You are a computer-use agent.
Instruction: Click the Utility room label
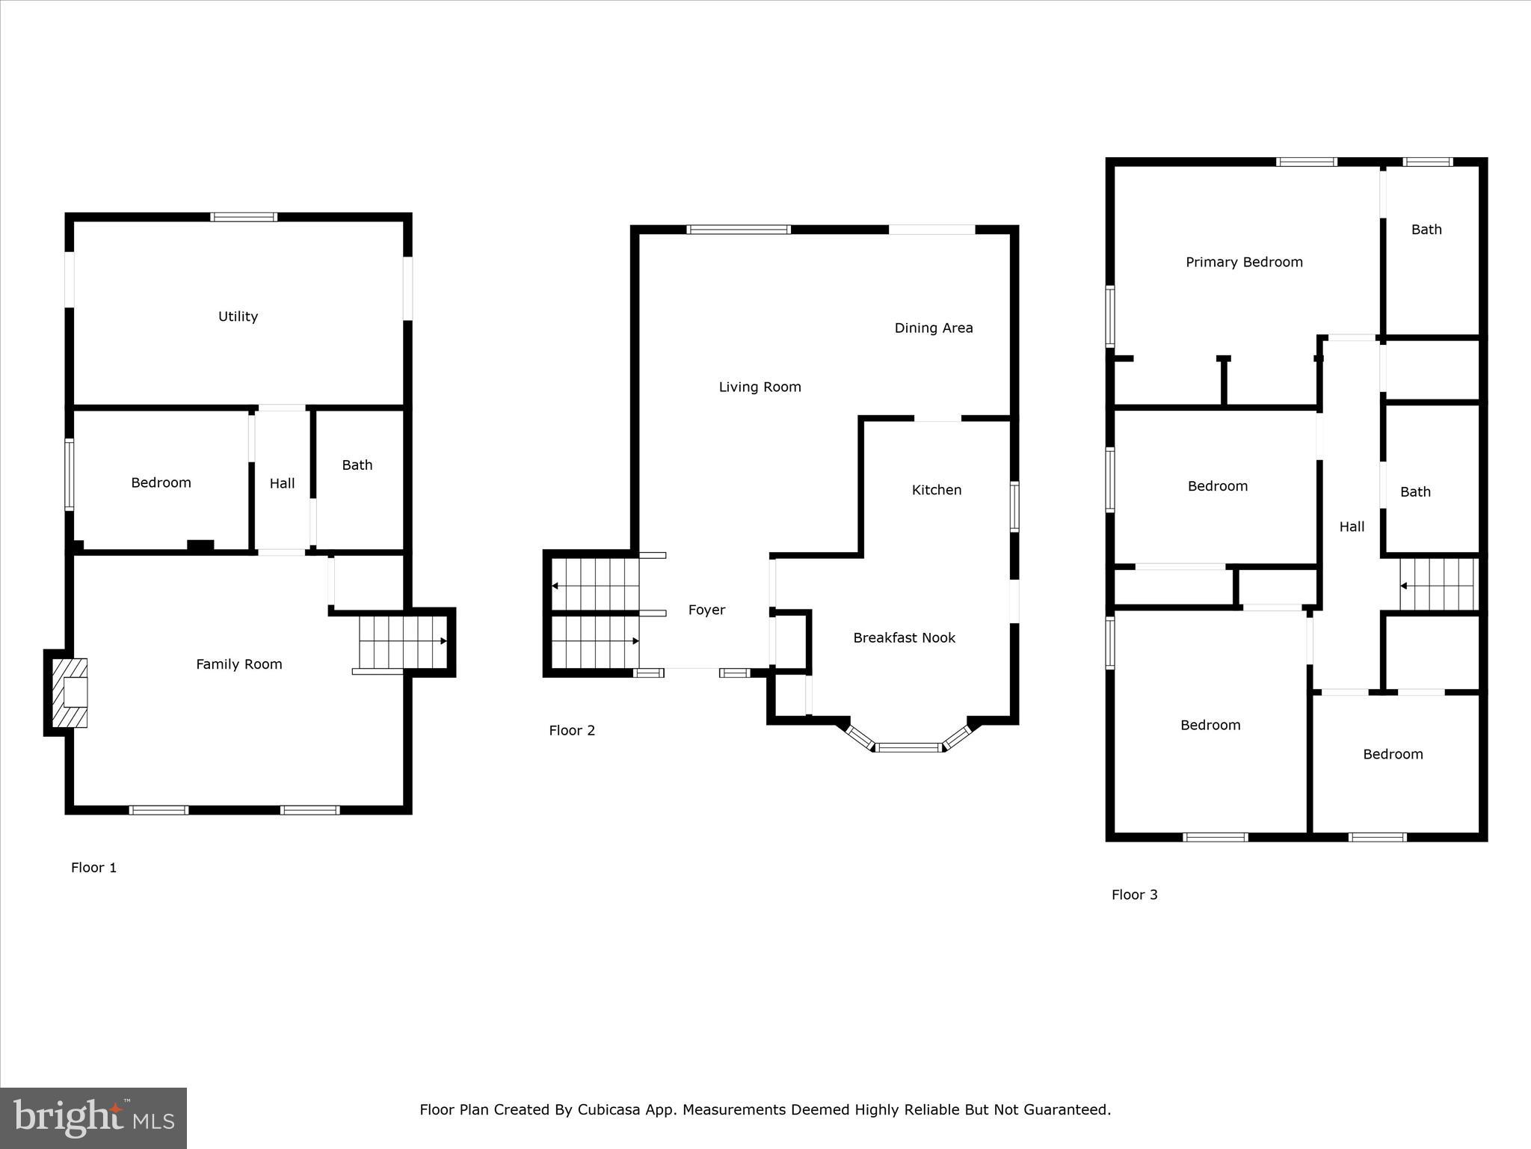coord(238,316)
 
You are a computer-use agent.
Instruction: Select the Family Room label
coord(238,664)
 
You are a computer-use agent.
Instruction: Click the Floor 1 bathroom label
coord(357,465)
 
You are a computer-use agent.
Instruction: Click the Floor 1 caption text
coord(93,868)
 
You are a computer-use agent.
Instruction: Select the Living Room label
coord(760,387)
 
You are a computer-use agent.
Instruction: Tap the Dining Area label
coord(933,328)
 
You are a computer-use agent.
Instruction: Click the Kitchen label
coord(936,490)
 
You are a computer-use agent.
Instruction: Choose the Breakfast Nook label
coord(904,638)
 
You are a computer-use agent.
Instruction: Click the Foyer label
coord(706,610)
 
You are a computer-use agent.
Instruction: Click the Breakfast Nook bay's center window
coord(908,747)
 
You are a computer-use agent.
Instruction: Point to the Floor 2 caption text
coord(572,731)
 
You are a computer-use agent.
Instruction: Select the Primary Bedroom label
coord(1244,263)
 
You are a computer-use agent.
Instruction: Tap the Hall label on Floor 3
coord(1351,527)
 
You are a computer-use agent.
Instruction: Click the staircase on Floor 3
coord(1438,585)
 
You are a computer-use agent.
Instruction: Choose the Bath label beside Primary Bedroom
coord(1426,230)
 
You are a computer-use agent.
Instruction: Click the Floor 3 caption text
coord(1134,895)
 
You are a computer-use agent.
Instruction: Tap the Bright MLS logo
coord(93,1118)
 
